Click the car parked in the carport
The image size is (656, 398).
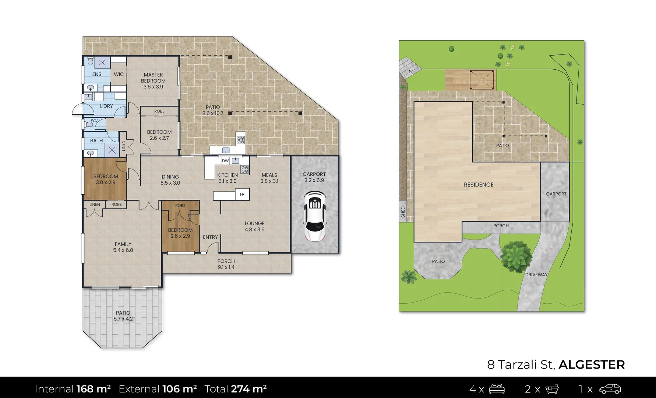[314, 216]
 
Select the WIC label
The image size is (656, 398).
[119, 74]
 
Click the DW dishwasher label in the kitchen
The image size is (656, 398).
[225, 161]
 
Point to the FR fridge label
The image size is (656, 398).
[242, 194]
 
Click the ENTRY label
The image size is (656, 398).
[210, 237]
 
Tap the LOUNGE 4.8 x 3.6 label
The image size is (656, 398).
[255, 226]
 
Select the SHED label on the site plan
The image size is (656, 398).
[403, 212]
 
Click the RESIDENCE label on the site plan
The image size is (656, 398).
[479, 185]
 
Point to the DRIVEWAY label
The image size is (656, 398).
[536, 275]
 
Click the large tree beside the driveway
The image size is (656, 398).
[516, 256]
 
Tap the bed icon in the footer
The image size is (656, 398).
[497, 389]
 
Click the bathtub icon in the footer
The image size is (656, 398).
[551, 389]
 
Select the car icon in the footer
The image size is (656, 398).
[610, 389]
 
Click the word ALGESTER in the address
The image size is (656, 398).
[592, 364]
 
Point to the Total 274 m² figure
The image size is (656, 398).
[236, 389]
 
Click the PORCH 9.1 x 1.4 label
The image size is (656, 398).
[226, 264]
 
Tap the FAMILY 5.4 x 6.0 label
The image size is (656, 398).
[123, 247]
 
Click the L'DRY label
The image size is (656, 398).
[106, 106]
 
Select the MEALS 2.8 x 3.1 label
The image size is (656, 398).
[269, 178]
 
